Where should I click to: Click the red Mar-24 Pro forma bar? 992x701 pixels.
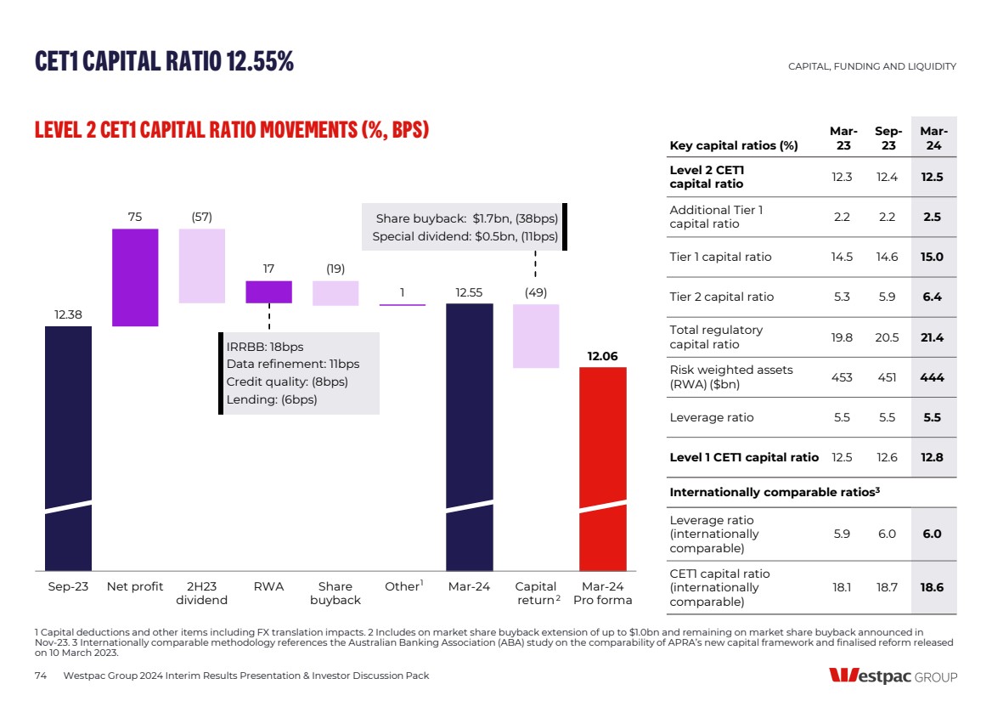[603, 467]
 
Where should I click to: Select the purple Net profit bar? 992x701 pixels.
[135, 277]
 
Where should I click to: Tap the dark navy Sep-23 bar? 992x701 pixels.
[68, 447]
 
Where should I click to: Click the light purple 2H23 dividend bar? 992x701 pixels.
[202, 266]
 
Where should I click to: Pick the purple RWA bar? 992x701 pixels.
[268, 291]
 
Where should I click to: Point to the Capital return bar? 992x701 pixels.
[536, 336]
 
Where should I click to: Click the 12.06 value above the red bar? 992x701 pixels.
[603, 356]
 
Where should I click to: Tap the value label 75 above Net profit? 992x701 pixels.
[135, 218]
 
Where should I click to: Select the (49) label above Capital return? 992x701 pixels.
[536, 292]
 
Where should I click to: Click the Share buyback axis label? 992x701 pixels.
[335, 593]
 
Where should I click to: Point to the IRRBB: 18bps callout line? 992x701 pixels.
[265, 347]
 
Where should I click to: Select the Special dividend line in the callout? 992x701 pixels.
[465, 236]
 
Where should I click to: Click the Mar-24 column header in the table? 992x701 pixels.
[933, 139]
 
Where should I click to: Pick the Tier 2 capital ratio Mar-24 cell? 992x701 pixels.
[933, 297]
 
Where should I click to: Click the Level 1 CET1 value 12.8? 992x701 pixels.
[933, 457]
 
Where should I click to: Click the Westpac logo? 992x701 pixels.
[893, 676]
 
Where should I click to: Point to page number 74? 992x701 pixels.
[40, 676]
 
